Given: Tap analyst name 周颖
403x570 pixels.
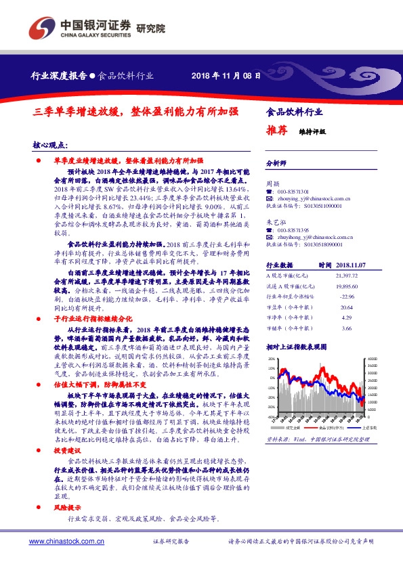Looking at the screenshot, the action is tap(272, 183).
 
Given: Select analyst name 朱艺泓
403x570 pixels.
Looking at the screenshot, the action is tap(274, 221).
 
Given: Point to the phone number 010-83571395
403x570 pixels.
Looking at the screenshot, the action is tap(298, 229).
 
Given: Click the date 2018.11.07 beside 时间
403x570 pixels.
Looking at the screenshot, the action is tap(351, 266).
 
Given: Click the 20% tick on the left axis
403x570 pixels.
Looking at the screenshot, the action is tap(271, 358).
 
